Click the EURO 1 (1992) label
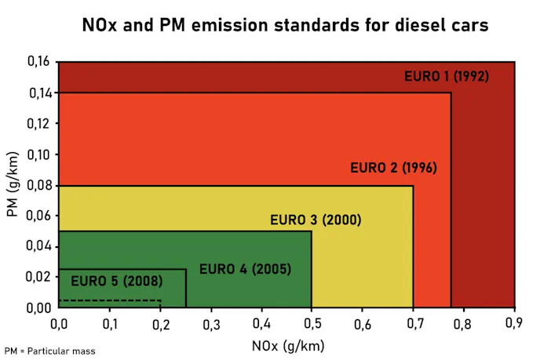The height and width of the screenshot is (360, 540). pyautogui.click(x=447, y=77)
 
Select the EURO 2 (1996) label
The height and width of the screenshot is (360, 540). pyautogui.click(x=392, y=168)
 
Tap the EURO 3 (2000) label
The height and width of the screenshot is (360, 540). pyautogui.click(x=316, y=220)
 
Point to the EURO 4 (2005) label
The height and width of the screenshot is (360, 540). pyautogui.click(x=245, y=269)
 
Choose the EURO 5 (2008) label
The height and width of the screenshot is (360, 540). pyautogui.click(x=116, y=281)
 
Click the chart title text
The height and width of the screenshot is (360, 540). pyautogui.click(x=286, y=25)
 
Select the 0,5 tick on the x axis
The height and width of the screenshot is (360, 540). pyautogui.click(x=312, y=323)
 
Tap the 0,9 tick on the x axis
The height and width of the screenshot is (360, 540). pyautogui.click(x=514, y=323)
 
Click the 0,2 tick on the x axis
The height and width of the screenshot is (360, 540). pyautogui.click(x=160, y=323)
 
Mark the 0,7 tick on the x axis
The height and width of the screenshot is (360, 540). pyautogui.click(x=413, y=323)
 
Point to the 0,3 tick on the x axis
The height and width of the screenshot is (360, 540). pyautogui.click(x=210, y=323)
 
